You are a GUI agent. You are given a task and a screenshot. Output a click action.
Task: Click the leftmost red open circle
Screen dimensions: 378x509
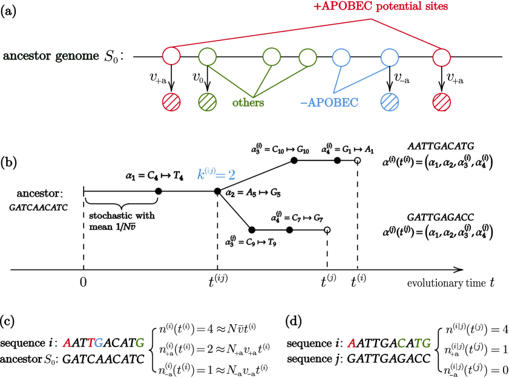[x=171, y=56]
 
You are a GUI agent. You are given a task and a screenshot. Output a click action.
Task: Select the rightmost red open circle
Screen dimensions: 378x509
[x=441, y=57]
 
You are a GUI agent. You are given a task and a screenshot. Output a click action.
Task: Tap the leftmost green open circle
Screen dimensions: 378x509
[x=208, y=57]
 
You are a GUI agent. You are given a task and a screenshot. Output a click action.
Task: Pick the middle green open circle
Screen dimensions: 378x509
[x=272, y=57]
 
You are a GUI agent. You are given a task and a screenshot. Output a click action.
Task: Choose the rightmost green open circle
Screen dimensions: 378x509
[x=307, y=57]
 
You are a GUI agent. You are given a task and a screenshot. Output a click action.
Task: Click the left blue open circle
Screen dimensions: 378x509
[x=341, y=57]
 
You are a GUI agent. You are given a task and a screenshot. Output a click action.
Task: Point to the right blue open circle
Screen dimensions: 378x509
[x=389, y=57]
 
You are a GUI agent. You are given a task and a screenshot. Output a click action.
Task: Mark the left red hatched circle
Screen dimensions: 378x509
[x=171, y=102]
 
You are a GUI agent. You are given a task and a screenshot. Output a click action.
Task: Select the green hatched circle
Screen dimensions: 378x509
[x=208, y=102]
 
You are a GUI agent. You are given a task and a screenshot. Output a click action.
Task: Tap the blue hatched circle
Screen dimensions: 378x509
[x=389, y=102]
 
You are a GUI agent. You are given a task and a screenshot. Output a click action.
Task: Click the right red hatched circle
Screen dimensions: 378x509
[x=441, y=102]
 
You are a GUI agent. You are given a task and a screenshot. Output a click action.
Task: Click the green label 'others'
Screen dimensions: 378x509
[x=248, y=103]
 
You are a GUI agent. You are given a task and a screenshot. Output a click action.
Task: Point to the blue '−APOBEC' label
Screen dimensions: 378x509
[x=329, y=103]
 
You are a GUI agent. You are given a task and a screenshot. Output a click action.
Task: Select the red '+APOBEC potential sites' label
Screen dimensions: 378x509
[x=381, y=7]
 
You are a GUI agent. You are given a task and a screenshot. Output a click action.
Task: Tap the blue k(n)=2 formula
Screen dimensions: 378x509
[x=216, y=174]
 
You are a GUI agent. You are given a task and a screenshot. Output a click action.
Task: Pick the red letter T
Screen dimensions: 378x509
[x=90, y=343]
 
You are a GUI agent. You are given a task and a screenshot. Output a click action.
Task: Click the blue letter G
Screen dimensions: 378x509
[x=99, y=343]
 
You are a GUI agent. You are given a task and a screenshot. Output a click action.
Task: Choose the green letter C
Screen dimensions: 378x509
[x=401, y=344]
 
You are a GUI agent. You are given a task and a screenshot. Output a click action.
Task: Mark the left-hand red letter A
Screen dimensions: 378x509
[x=67, y=343]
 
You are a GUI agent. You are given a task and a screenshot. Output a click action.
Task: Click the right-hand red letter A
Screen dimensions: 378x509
[x=351, y=344]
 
